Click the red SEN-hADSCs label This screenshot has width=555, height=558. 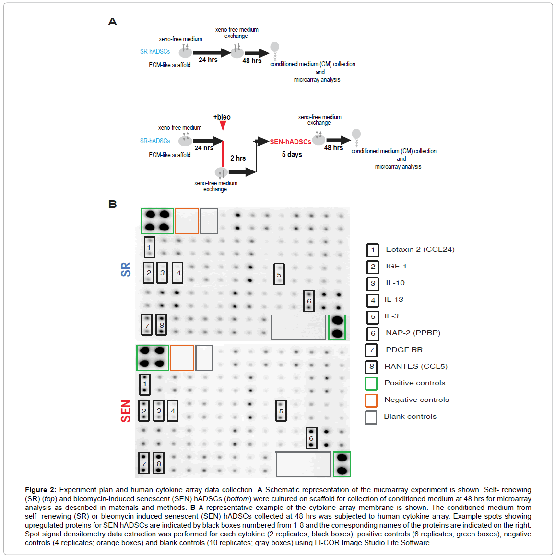[290, 142]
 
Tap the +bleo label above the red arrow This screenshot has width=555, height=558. [222, 117]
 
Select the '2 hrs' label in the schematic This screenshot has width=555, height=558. [238, 158]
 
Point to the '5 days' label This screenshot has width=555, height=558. [292, 155]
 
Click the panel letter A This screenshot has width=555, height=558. [113, 22]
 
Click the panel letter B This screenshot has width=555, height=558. [113, 204]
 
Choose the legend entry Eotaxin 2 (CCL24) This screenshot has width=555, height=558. [420, 249]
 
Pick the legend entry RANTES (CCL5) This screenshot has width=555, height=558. [416, 366]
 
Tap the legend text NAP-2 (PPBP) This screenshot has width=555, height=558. [413, 333]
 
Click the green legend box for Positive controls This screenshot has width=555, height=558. [371, 384]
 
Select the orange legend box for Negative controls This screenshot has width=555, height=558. [371, 400]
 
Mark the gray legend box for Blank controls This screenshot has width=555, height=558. [371, 417]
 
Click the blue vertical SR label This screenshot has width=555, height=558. [126, 269]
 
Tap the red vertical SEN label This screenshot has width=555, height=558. [126, 411]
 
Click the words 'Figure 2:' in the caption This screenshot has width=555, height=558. [40, 490]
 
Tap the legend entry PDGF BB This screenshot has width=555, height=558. [404, 350]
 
